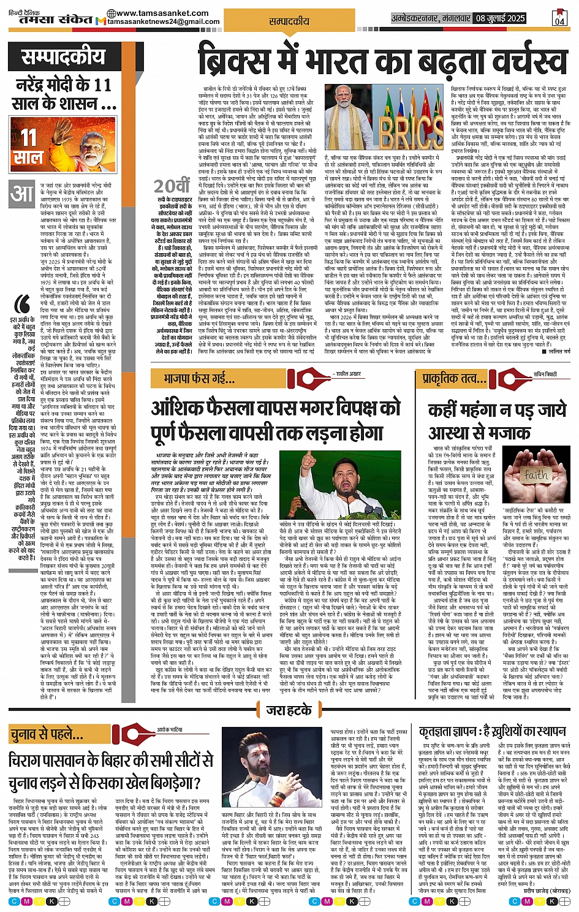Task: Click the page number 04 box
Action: point(559,17)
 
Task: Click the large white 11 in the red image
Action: point(29,137)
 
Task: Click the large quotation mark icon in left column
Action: point(23,305)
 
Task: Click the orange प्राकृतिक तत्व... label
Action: point(450,379)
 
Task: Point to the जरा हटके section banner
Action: point(289,710)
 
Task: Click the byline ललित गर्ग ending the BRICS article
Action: point(559,351)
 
